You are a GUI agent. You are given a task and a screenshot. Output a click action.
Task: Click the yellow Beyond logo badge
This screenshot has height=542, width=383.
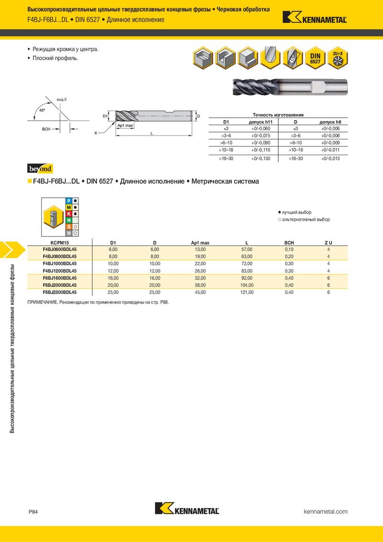(x=40, y=169)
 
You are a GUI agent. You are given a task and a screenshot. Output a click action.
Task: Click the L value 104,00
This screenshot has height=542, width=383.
(x=246, y=285)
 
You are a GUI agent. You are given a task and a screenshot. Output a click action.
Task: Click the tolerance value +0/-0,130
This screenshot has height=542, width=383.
(x=260, y=158)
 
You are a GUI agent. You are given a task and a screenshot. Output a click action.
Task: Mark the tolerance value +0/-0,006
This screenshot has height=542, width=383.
(x=330, y=129)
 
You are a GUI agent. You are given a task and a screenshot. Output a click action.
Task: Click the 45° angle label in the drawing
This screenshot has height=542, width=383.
(x=42, y=110)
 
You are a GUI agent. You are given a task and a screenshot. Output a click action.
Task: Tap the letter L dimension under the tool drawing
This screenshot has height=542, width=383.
(x=151, y=134)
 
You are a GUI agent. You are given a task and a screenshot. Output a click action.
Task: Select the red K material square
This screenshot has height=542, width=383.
(x=69, y=213)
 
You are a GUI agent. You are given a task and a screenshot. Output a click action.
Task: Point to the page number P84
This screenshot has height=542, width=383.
(x=33, y=512)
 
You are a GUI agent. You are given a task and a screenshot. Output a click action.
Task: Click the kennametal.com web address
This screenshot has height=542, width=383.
(x=326, y=511)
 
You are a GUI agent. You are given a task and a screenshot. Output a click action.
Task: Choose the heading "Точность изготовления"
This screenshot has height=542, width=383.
(x=278, y=115)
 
